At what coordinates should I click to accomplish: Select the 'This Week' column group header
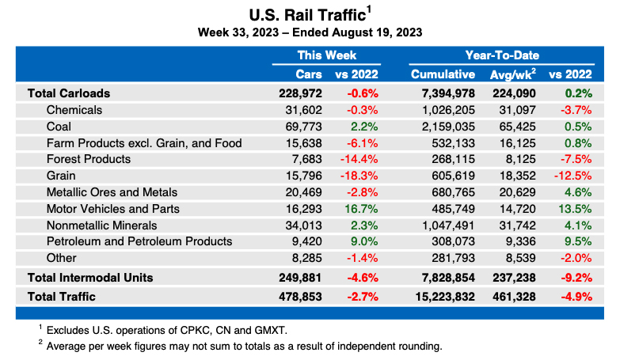[x=326, y=55]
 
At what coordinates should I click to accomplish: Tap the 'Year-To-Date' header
[x=502, y=55]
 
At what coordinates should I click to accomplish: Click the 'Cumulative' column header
[x=443, y=74]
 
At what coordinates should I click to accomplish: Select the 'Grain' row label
[x=62, y=176]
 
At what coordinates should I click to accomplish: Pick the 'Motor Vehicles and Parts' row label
[x=113, y=209]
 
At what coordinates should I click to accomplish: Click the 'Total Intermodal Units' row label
[x=90, y=277]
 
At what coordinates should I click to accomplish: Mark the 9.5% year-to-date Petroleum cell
[x=576, y=241]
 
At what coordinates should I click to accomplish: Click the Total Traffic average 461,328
[x=512, y=297]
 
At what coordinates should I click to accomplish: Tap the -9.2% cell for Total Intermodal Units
[x=573, y=277]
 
